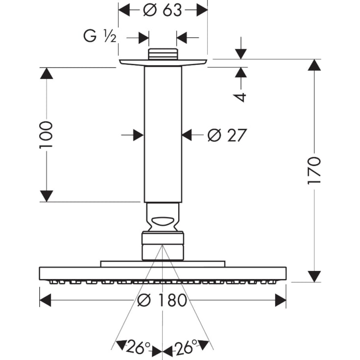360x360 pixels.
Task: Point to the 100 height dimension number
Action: (x=46, y=135)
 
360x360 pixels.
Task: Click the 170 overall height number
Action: (x=314, y=170)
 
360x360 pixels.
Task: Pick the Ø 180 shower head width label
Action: (x=163, y=300)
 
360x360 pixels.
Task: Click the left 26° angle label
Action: (x=138, y=348)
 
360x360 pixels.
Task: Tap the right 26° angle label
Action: (x=187, y=348)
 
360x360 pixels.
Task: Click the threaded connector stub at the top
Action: (x=163, y=54)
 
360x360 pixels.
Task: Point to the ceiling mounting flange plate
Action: (x=163, y=62)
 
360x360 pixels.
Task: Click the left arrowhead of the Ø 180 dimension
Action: (x=46, y=300)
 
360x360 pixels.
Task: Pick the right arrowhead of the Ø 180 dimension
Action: (x=280, y=300)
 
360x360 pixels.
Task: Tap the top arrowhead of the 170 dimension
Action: (x=314, y=65)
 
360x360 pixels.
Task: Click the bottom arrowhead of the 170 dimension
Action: (x=314, y=276)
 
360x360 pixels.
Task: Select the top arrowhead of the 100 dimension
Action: (x=46, y=73)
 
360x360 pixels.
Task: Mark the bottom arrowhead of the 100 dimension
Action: (x=46, y=196)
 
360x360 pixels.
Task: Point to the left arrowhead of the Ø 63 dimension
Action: (x=125, y=10)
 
